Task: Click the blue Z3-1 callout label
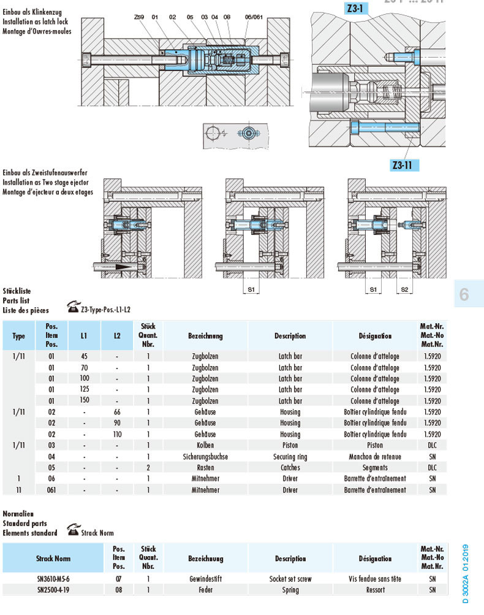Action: [354, 9]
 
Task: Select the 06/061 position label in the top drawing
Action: [253, 17]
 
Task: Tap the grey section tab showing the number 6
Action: [464, 295]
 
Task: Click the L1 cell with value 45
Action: [84, 356]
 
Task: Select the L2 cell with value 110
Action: [117, 434]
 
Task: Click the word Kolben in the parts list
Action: [205, 445]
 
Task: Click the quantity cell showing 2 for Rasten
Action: [148, 468]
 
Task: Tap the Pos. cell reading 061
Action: [51, 490]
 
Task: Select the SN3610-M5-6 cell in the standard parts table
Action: [53, 578]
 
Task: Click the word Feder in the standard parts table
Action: [205, 590]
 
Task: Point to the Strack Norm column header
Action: [53, 559]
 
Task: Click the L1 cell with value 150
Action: [84, 400]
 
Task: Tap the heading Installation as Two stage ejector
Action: [46, 183]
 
